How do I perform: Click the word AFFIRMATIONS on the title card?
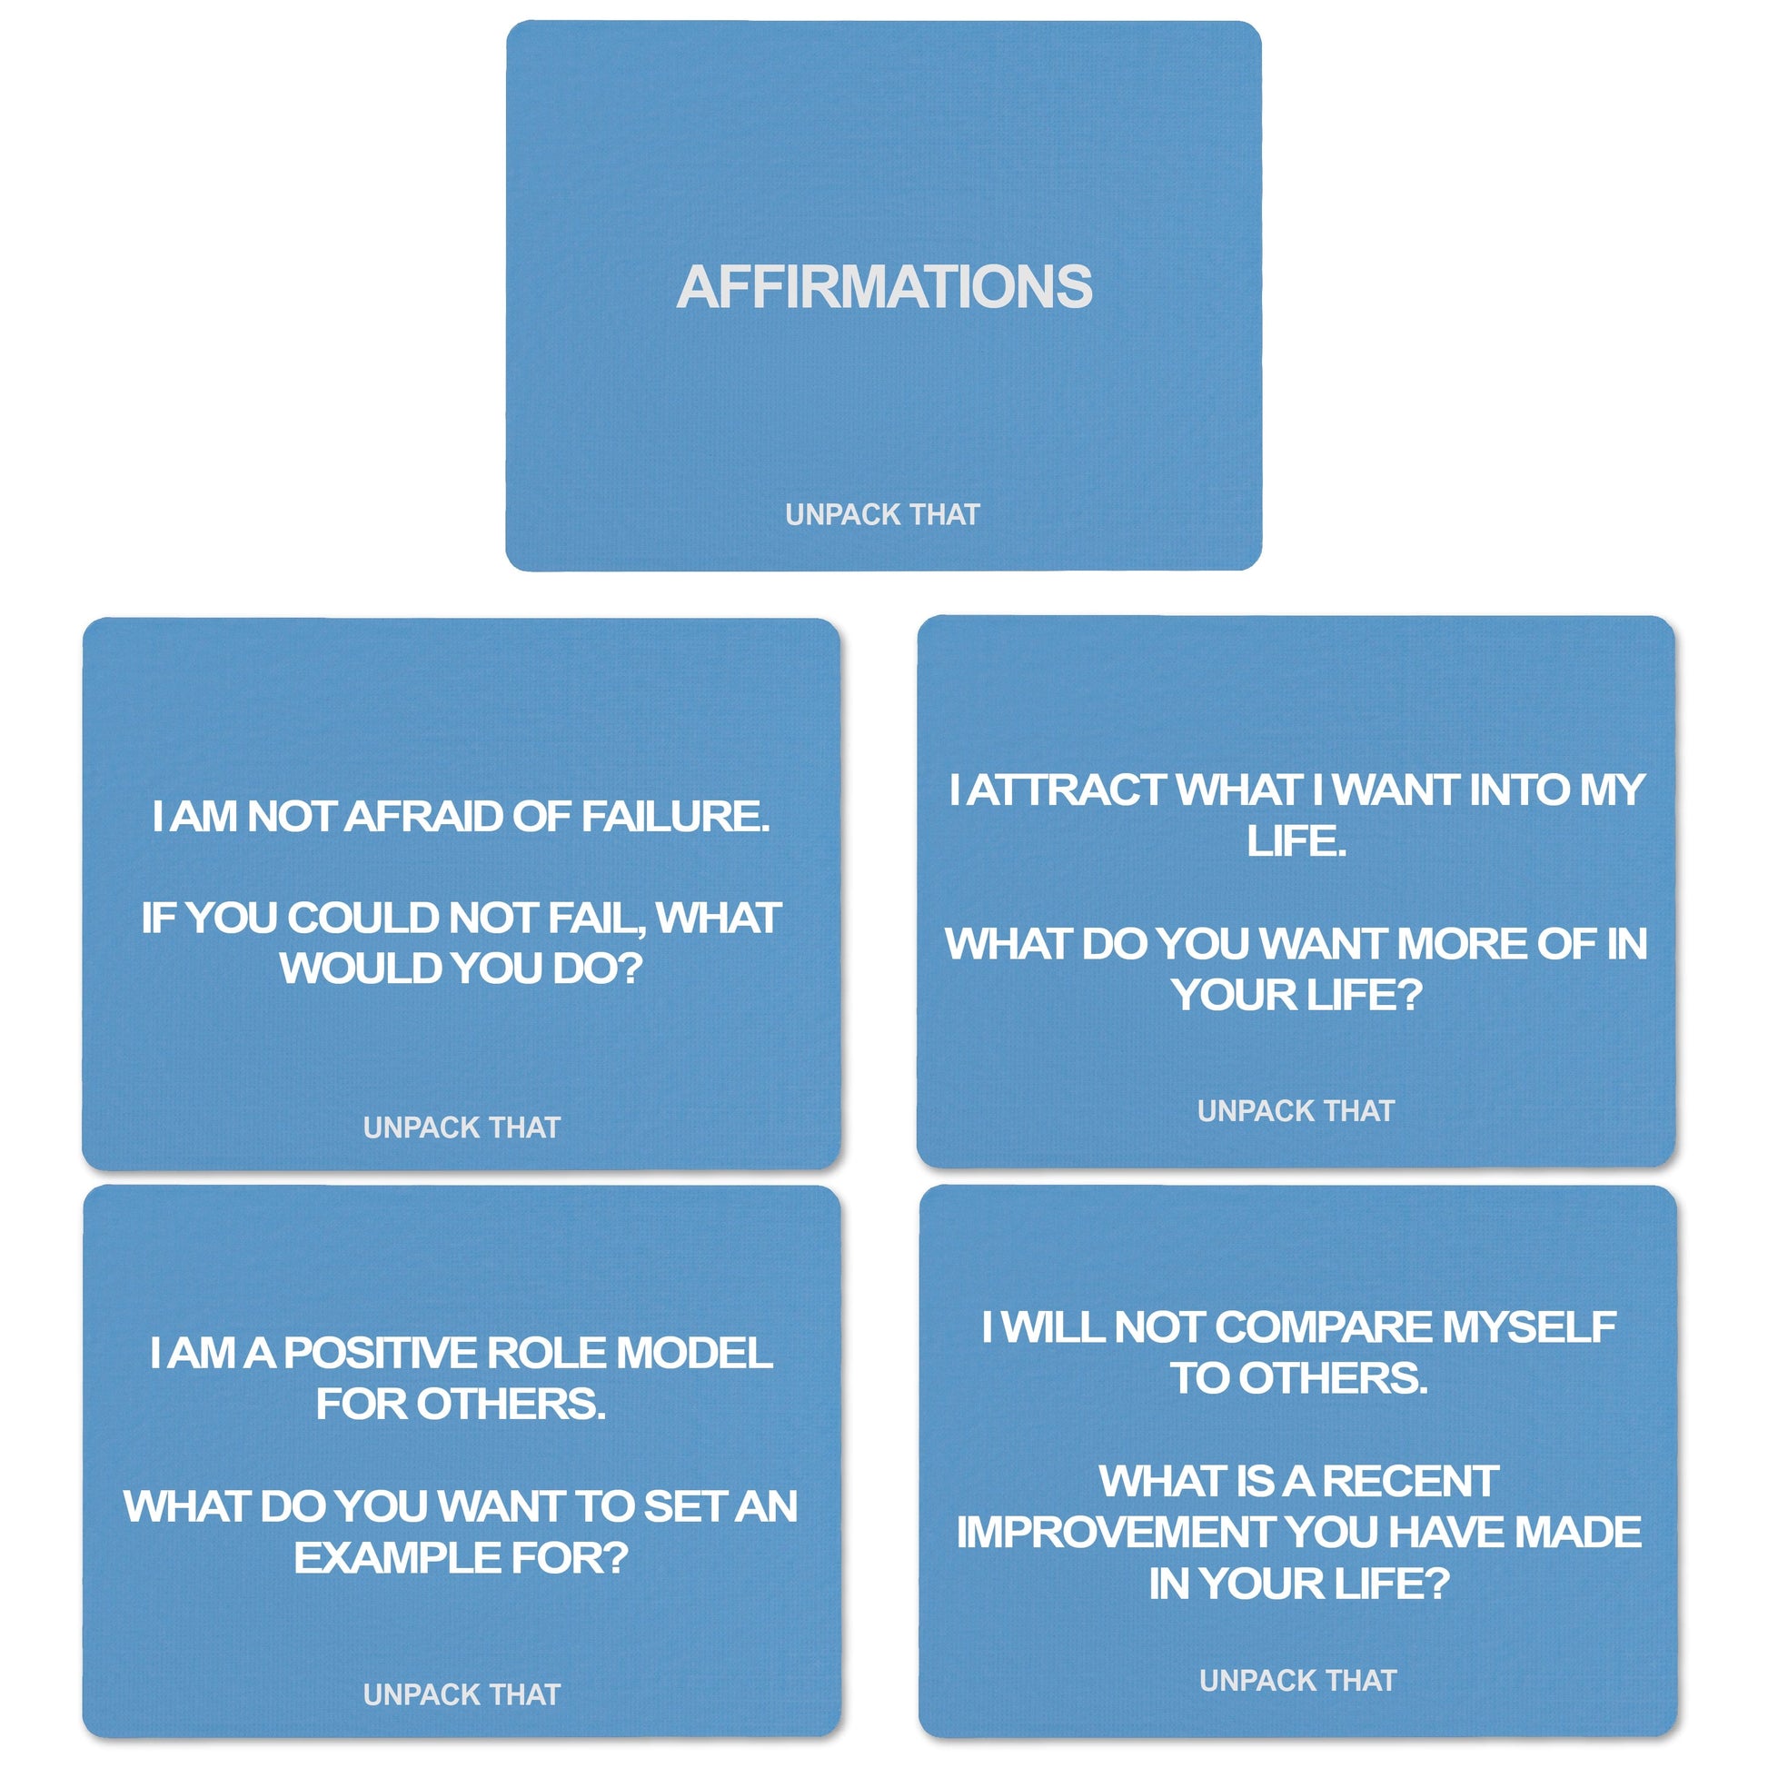coord(884,287)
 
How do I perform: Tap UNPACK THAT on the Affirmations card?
coord(882,515)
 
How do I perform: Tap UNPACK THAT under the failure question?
coord(462,1127)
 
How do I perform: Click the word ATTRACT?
coord(1066,790)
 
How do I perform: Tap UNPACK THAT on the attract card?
coord(1296,1111)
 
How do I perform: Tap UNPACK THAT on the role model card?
coord(462,1694)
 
